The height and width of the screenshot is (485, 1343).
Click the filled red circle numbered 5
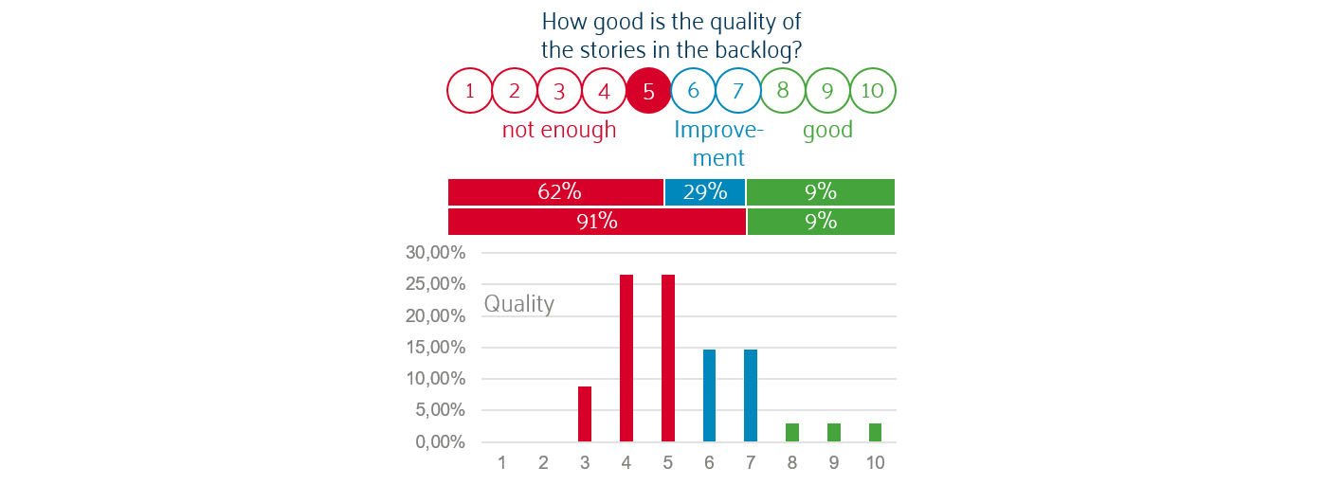click(x=648, y=92)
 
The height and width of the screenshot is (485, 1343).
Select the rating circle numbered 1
click(x=470, y=92)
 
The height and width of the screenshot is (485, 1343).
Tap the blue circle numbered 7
click(x=738, y=92)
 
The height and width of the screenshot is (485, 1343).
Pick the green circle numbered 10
click(x=873, y=92)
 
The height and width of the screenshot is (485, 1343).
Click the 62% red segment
click(x=555, y=191)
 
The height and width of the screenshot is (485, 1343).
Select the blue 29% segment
click(x=705, y=191)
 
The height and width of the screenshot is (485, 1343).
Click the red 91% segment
click(x=596, y=222)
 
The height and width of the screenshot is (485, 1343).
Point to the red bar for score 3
click(x=585, y=414)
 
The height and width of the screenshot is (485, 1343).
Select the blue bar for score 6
click(x=709, y=396)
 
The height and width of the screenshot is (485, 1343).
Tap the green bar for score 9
click(x=834, y=433)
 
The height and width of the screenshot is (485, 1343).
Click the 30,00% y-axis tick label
click(x=437, y=253)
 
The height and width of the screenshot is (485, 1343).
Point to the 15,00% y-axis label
click(x=437, y=348)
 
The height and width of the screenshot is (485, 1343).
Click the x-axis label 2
click(x=543, y=463)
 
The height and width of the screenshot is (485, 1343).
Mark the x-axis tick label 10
click(x=875, y=463)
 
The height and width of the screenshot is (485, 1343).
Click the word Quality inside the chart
click(x=519, y=304)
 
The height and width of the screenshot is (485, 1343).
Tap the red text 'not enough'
click(x=559, y=130)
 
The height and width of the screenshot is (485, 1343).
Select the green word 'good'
click(x=827, y=130)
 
